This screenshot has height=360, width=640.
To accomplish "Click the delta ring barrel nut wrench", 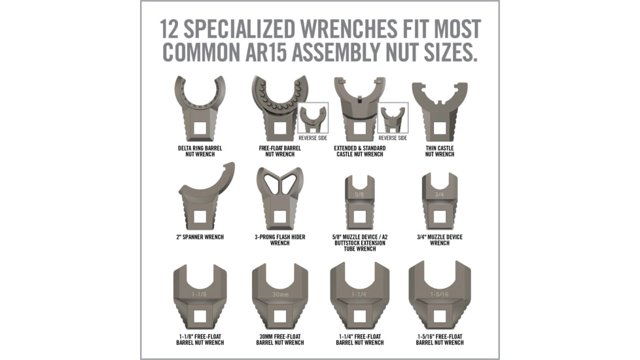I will (199, 108).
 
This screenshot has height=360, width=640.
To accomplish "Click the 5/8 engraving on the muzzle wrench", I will (359, 194).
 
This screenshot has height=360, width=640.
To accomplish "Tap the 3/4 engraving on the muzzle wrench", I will (439, 193).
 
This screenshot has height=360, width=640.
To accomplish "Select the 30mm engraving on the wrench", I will (280, 295).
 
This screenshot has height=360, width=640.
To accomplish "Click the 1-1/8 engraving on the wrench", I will (200, 295).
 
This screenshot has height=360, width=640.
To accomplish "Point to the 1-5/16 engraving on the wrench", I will (439, 295).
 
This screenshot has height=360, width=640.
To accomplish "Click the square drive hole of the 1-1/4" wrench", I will (359, 316).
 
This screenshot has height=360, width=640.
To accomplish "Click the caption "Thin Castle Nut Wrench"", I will (439, 151).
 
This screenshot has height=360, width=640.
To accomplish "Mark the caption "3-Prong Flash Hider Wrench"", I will (279, 240).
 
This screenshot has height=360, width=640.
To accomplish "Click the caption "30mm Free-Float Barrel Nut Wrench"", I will (279, 339).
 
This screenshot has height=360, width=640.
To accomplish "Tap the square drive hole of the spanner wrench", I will (200, 217).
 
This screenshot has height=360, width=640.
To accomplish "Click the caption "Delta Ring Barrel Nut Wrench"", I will (200, 151).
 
